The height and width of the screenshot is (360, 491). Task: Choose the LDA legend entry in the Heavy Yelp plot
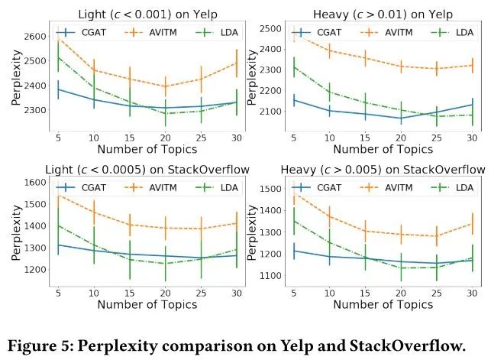[x=456, y=33]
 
